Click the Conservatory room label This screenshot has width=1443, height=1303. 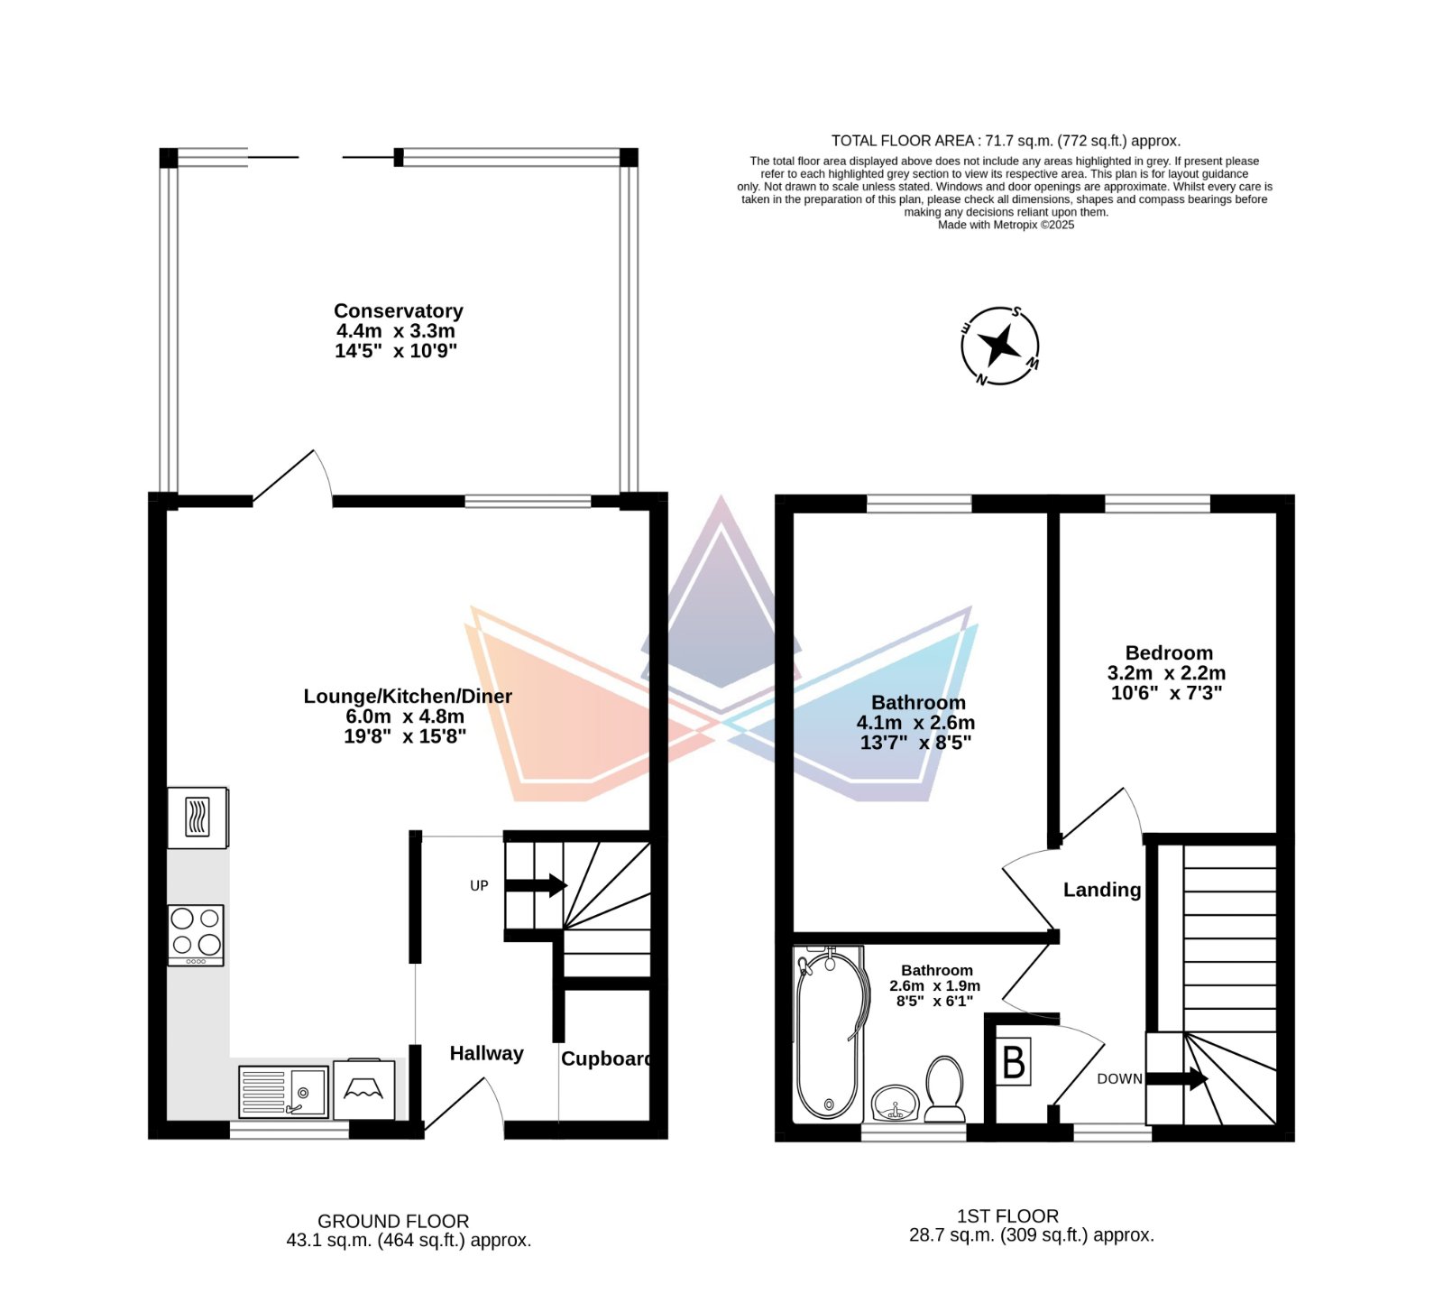pyautogui.click(x=399, y=311)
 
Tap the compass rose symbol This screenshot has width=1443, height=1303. pyautogui.click(x=999, y=346)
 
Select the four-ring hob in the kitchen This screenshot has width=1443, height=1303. pyautogui.click(x=196, y=935)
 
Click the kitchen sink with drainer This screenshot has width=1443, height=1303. pyautogui.click(x=283, y=1092)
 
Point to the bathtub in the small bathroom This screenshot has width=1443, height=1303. pyautogui.click(x=829, y=1034)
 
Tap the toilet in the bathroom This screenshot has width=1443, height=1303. pyautogui.click(x=945, y=1089)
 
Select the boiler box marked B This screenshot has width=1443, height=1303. pyautogui.click(x=1014, y=1061)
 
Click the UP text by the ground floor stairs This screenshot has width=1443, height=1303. pyautogui.click(x=479, y=886)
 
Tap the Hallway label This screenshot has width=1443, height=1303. pyautogui.click(x=487, y=1054)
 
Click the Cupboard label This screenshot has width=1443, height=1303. pyautogui.click(x=606, y=1058)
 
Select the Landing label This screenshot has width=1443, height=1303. pyautogui.click(x=1102, y=890)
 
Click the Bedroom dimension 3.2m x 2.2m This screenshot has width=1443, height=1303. pyautogui.click(x=1167, y=673)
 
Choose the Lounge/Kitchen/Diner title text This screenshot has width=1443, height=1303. pyautogui.click(x=408, y=697)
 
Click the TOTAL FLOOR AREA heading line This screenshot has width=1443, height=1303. pyautogui.click(x=1006, y=141)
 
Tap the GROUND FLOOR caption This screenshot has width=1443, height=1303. pyautogui.click(x=393, y=1222)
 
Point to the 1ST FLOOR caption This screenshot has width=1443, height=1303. pyautogui.click(x=1008, y=1216)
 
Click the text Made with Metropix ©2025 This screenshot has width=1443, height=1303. pyautogui.click(x=1006, y=225)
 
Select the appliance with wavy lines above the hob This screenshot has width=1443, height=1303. pyautogui.click(x=198, y=818)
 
